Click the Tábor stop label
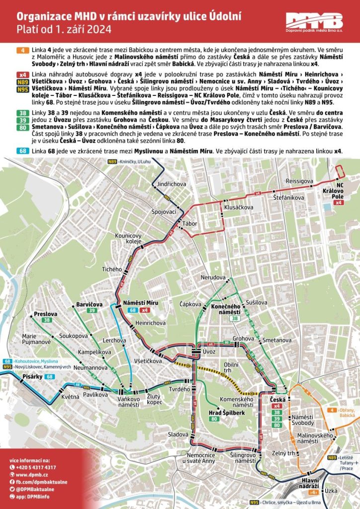pyautogui.click(x=190, y=223)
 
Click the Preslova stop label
pyautogui.click(x=46, y=314)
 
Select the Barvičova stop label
pyautogui.click(x=90, y=304)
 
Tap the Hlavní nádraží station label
pyautogui.click(x=311, y=483)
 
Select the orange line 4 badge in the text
pyautogui.click(x=23, y=51)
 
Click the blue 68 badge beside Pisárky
pyautogui.click(x=49, y=377)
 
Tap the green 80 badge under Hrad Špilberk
pyautogui.click(x=214, y=420)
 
